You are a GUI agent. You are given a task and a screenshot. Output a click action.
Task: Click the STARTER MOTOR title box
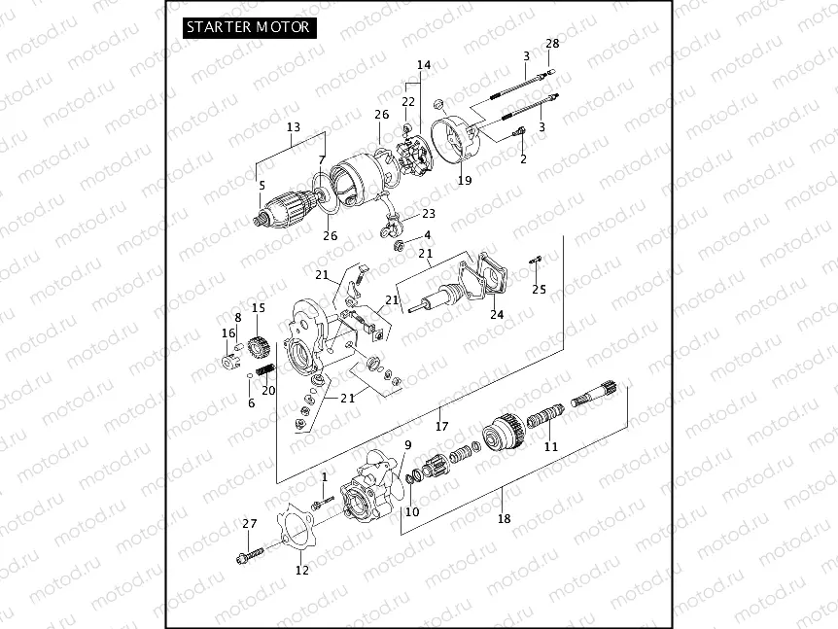tap(249, 27)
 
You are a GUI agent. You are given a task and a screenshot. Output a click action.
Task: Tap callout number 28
tap(552, 45)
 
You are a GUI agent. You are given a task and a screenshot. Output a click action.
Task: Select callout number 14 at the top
tap(423, 65)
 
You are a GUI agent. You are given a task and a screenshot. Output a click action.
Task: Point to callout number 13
tap(294, 127)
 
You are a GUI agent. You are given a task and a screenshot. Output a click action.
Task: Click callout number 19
tap(465, 181)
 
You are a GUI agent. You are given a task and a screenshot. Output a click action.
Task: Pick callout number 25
tap(540, 290)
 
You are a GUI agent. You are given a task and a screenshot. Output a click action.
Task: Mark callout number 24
tap(497, 314)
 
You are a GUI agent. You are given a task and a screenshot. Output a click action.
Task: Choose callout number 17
tap(441, 426)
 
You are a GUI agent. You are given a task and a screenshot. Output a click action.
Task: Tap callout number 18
tap(504, 519)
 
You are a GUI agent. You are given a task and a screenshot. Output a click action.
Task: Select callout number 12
tap(301, 570)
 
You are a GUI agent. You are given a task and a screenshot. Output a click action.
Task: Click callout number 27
tap(250, 524)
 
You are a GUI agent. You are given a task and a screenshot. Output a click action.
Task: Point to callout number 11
tap(551, 447)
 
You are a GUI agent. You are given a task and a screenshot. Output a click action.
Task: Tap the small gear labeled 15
tap(258, 345)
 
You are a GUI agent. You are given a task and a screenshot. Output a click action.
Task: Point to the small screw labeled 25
tap(538, 259)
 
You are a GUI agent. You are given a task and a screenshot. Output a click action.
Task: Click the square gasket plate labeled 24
tap(487, 277)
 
